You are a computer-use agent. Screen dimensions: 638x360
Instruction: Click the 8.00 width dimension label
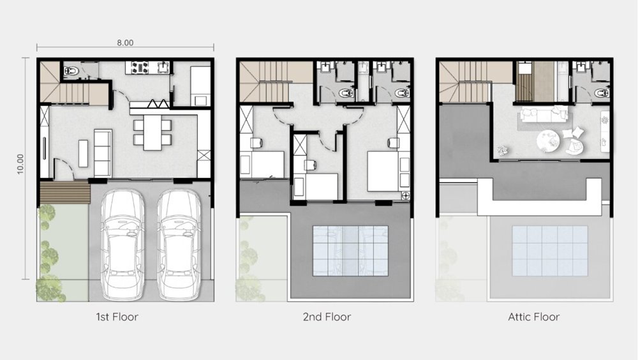pyautogui.click(x=125, y=43)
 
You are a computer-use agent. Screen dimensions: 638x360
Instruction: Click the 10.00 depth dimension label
pyautogui.click(x=20, y=163)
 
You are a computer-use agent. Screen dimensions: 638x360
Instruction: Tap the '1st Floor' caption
pyautogui.click(x=117, y=317)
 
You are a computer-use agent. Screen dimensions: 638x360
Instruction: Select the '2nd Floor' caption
pyautogui.click(x=327, y=317)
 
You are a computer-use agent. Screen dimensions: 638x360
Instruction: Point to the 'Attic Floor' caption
pyautogui.click(x=534, y=317)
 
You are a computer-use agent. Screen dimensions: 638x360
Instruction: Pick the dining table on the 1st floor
pyautogui.click(x=152, y=132)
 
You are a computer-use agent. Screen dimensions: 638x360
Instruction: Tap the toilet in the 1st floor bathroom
pyautogui.click(x=70, y=71)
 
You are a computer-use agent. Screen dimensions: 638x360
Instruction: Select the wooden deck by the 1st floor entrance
pyautogui.click(x=64, y=192)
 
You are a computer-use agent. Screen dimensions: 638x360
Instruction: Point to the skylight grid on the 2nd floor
pyautogui.click(x=350, y=251)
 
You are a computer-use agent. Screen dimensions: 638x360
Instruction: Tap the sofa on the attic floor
pyautogui.click(x=544, y=114)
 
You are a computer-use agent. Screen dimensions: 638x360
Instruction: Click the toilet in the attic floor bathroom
pyautogui.click(x=600, y=93)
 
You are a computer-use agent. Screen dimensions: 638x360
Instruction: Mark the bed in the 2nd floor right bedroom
pyautogui.click(x=383, y=171)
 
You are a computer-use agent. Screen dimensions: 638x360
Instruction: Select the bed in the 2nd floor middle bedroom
pyautogui.click(x=322, y=186)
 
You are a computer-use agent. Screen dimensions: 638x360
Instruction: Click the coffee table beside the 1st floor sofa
pyautogui.click(x=83, y=153)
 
